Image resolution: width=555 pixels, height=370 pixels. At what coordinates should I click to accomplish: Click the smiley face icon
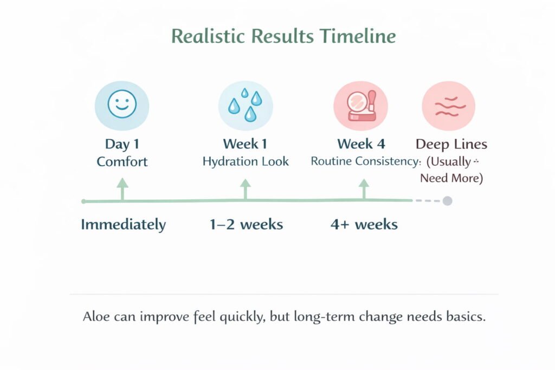122,104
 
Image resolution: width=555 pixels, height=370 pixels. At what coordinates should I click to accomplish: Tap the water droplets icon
246,105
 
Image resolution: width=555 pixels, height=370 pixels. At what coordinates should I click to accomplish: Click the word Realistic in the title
208,36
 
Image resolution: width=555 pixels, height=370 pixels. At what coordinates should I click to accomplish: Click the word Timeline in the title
358,36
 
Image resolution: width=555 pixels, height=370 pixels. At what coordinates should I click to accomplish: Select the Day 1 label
122,144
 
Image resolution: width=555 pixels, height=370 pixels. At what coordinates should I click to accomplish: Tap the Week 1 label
245,144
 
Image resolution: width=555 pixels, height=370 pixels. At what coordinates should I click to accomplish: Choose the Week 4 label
361,144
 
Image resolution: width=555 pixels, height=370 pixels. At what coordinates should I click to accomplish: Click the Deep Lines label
451,144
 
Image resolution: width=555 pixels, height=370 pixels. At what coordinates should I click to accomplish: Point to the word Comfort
122,161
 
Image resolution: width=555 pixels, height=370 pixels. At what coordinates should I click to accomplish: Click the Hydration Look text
246,161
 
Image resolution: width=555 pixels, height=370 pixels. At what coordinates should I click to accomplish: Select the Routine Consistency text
366,161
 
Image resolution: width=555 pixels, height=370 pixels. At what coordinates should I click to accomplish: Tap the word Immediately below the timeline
123,225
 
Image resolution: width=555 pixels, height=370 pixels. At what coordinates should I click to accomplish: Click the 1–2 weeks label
247,225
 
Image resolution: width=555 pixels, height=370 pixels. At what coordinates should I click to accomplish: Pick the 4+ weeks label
364,225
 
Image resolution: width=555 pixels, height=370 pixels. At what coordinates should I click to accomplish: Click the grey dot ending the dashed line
447,201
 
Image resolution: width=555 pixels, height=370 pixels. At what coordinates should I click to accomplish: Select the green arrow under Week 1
246,190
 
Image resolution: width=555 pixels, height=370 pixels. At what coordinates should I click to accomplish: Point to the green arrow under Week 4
364,190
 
